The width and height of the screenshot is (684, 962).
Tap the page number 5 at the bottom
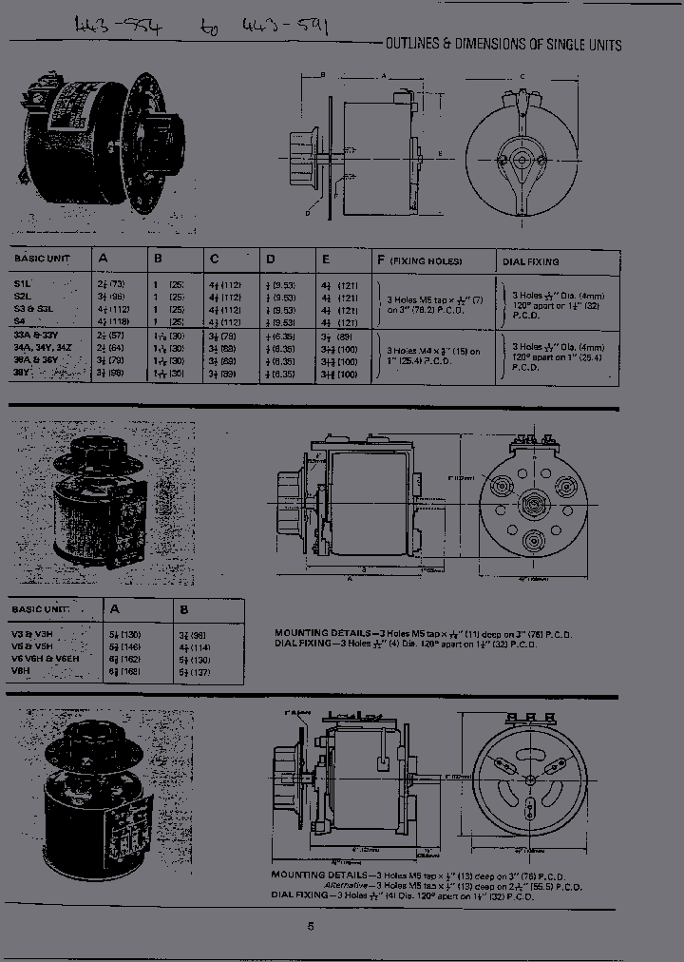[310, 928]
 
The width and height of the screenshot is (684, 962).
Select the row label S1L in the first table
[23, 284]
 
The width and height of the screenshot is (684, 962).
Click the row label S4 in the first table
[21, 322]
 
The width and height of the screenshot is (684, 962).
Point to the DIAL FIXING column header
[530, 261]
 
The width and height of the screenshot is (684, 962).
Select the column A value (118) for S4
[113, 322]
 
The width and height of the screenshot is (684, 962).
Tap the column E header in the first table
[326, 260]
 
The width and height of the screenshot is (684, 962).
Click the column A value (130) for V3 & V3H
[116, 632]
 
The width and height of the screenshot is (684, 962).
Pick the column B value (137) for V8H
[196, 672]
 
